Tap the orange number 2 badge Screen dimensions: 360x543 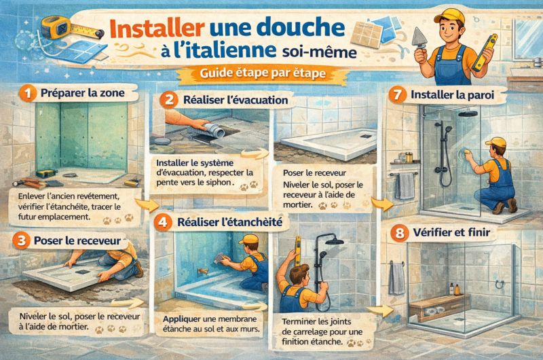coord(168,100)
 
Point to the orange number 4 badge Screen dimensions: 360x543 coord(162,221)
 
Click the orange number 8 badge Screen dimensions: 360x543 coord(399,233)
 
